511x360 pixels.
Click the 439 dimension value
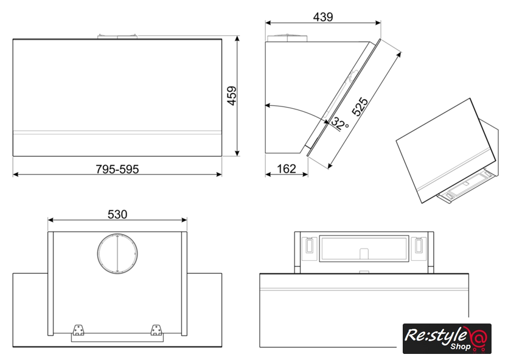[x=323, y=16]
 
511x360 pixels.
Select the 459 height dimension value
[x=232, y=95]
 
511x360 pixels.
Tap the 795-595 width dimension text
[x=117, y=169]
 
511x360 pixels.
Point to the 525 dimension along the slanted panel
[x=360, y=106]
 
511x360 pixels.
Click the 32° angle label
[x=340, y=123]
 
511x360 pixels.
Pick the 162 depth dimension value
[x=287, y=169]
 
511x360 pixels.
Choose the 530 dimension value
[x=117, y=215]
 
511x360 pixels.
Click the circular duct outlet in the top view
[x=117, y=254]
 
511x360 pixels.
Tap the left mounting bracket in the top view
[x=78, y=330]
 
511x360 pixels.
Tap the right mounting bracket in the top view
[x=156, y=330]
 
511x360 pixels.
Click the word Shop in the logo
[x=460, y=346]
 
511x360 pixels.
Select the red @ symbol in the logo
[x=478, y=338]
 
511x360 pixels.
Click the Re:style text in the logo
[x=435, y=335]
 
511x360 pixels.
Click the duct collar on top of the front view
[x=117, y=36]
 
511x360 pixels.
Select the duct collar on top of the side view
[x=287, y=38]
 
